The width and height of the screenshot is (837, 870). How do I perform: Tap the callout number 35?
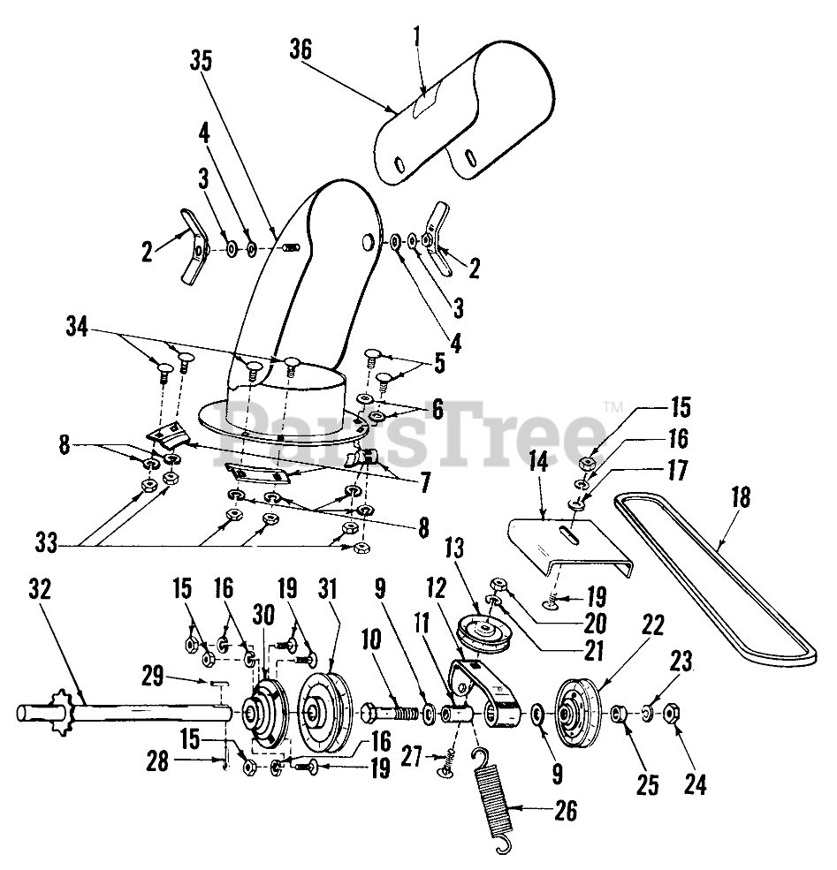202,63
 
